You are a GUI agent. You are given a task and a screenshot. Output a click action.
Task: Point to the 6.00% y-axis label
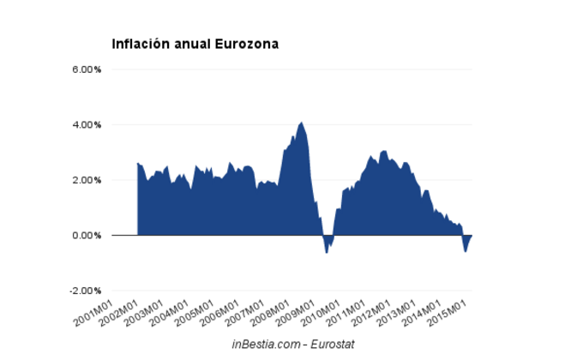point(87,69)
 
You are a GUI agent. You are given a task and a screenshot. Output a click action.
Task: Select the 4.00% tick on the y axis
point(87,124)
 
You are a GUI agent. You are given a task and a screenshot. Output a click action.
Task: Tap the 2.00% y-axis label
point(87,180)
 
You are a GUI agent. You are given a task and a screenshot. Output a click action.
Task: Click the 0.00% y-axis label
point(87,235)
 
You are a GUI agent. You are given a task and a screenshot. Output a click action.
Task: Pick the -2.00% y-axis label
point(85,291)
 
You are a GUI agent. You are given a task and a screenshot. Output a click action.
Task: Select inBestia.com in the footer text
point(265,344)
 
